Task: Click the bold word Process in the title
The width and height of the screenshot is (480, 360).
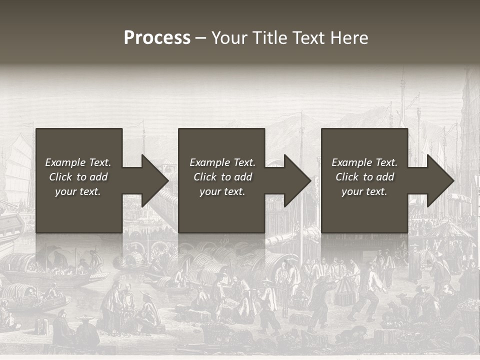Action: click(x=157, y=38)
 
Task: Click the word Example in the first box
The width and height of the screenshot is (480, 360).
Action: click(x=65, y=162)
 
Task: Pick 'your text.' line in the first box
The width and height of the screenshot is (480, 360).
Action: click(x=78, y=191)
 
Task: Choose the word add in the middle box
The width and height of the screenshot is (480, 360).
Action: click(x=242, y=177)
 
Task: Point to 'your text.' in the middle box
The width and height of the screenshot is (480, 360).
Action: click(x=222, y=191)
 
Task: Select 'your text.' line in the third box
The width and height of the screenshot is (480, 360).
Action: click(x=364, y=191)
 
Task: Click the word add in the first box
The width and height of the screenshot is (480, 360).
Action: click(x=98, y=177)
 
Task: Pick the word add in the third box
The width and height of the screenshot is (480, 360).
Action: click(x=384, y=177)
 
